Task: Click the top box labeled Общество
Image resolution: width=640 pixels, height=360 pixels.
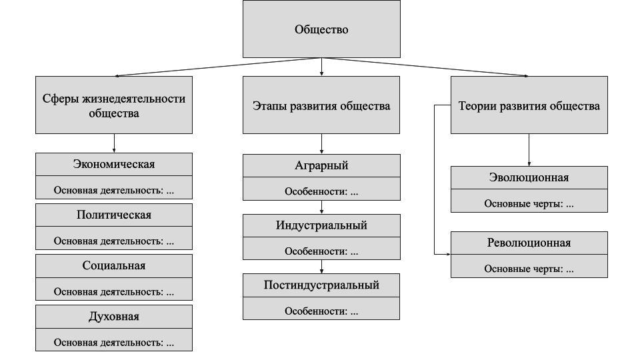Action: [321, 29]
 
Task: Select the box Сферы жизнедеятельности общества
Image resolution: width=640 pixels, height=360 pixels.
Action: [114, 105]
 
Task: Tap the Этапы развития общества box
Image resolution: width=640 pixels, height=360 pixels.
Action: [321, 105]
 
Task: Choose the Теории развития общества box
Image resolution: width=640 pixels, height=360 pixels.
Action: [529, 105]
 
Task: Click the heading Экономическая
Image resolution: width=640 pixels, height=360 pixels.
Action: [114, 164]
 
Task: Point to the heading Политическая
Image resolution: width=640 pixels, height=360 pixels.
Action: [114, 215]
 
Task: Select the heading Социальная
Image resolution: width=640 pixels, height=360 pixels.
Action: [114, 265]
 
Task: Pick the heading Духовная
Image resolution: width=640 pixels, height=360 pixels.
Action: [114, 316]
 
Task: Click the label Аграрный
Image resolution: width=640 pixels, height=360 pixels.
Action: [321, 165]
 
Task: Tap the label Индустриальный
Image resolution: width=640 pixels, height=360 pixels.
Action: [321, 225]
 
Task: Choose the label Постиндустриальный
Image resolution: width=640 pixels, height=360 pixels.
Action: [321, 285]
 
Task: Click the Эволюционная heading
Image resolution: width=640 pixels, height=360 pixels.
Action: [529, 177]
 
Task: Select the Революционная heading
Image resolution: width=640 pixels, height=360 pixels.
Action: [529, 243]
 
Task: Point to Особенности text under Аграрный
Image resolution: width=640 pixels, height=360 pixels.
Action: [321, 191]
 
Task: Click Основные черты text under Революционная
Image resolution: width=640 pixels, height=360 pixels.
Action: [529, 269]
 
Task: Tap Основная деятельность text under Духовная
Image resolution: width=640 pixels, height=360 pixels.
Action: [114, 343]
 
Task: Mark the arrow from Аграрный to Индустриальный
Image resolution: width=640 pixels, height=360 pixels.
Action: [321, 207]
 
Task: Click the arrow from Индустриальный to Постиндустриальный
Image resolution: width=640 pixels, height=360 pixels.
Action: [321, 267]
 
